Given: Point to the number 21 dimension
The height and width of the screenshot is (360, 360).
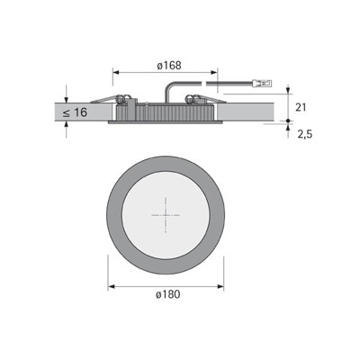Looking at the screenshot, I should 301,106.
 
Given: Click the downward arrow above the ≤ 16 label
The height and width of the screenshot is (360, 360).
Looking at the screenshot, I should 67,94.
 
